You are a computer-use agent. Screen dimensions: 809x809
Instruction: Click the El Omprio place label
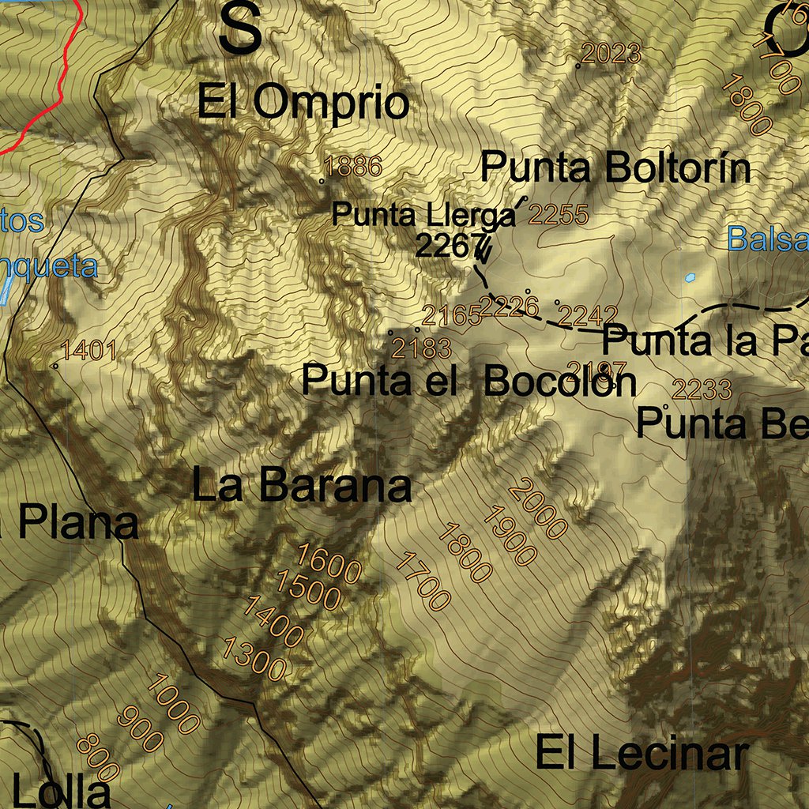pos(303,103)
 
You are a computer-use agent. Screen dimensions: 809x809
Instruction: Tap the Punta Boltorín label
pos(615,167)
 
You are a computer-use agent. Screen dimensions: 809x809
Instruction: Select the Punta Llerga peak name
pos(423,214)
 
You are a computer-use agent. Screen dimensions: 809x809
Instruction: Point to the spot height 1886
pos(353,167)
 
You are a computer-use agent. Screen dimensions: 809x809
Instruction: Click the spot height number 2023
pos(611,54)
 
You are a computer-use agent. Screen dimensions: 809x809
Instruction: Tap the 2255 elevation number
pos(559,215)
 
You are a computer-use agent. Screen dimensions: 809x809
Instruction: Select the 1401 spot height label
pos(89,350)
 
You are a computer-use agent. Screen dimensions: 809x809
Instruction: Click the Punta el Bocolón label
pos(468,381)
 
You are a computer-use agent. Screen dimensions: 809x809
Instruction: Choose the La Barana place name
pos(302,486)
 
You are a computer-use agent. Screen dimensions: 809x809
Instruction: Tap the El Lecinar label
pos(641,752)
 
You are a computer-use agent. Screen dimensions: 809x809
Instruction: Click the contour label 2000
pos(538,510)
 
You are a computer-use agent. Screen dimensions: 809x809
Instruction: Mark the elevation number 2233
pos(702,389)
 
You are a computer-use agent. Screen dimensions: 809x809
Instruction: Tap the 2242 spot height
pos(588,316)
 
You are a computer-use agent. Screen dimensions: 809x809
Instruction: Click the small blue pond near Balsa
pos(690,277)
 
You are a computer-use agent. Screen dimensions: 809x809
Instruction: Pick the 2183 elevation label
pos(422,348)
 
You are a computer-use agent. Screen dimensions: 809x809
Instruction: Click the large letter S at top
pos(240,29)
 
